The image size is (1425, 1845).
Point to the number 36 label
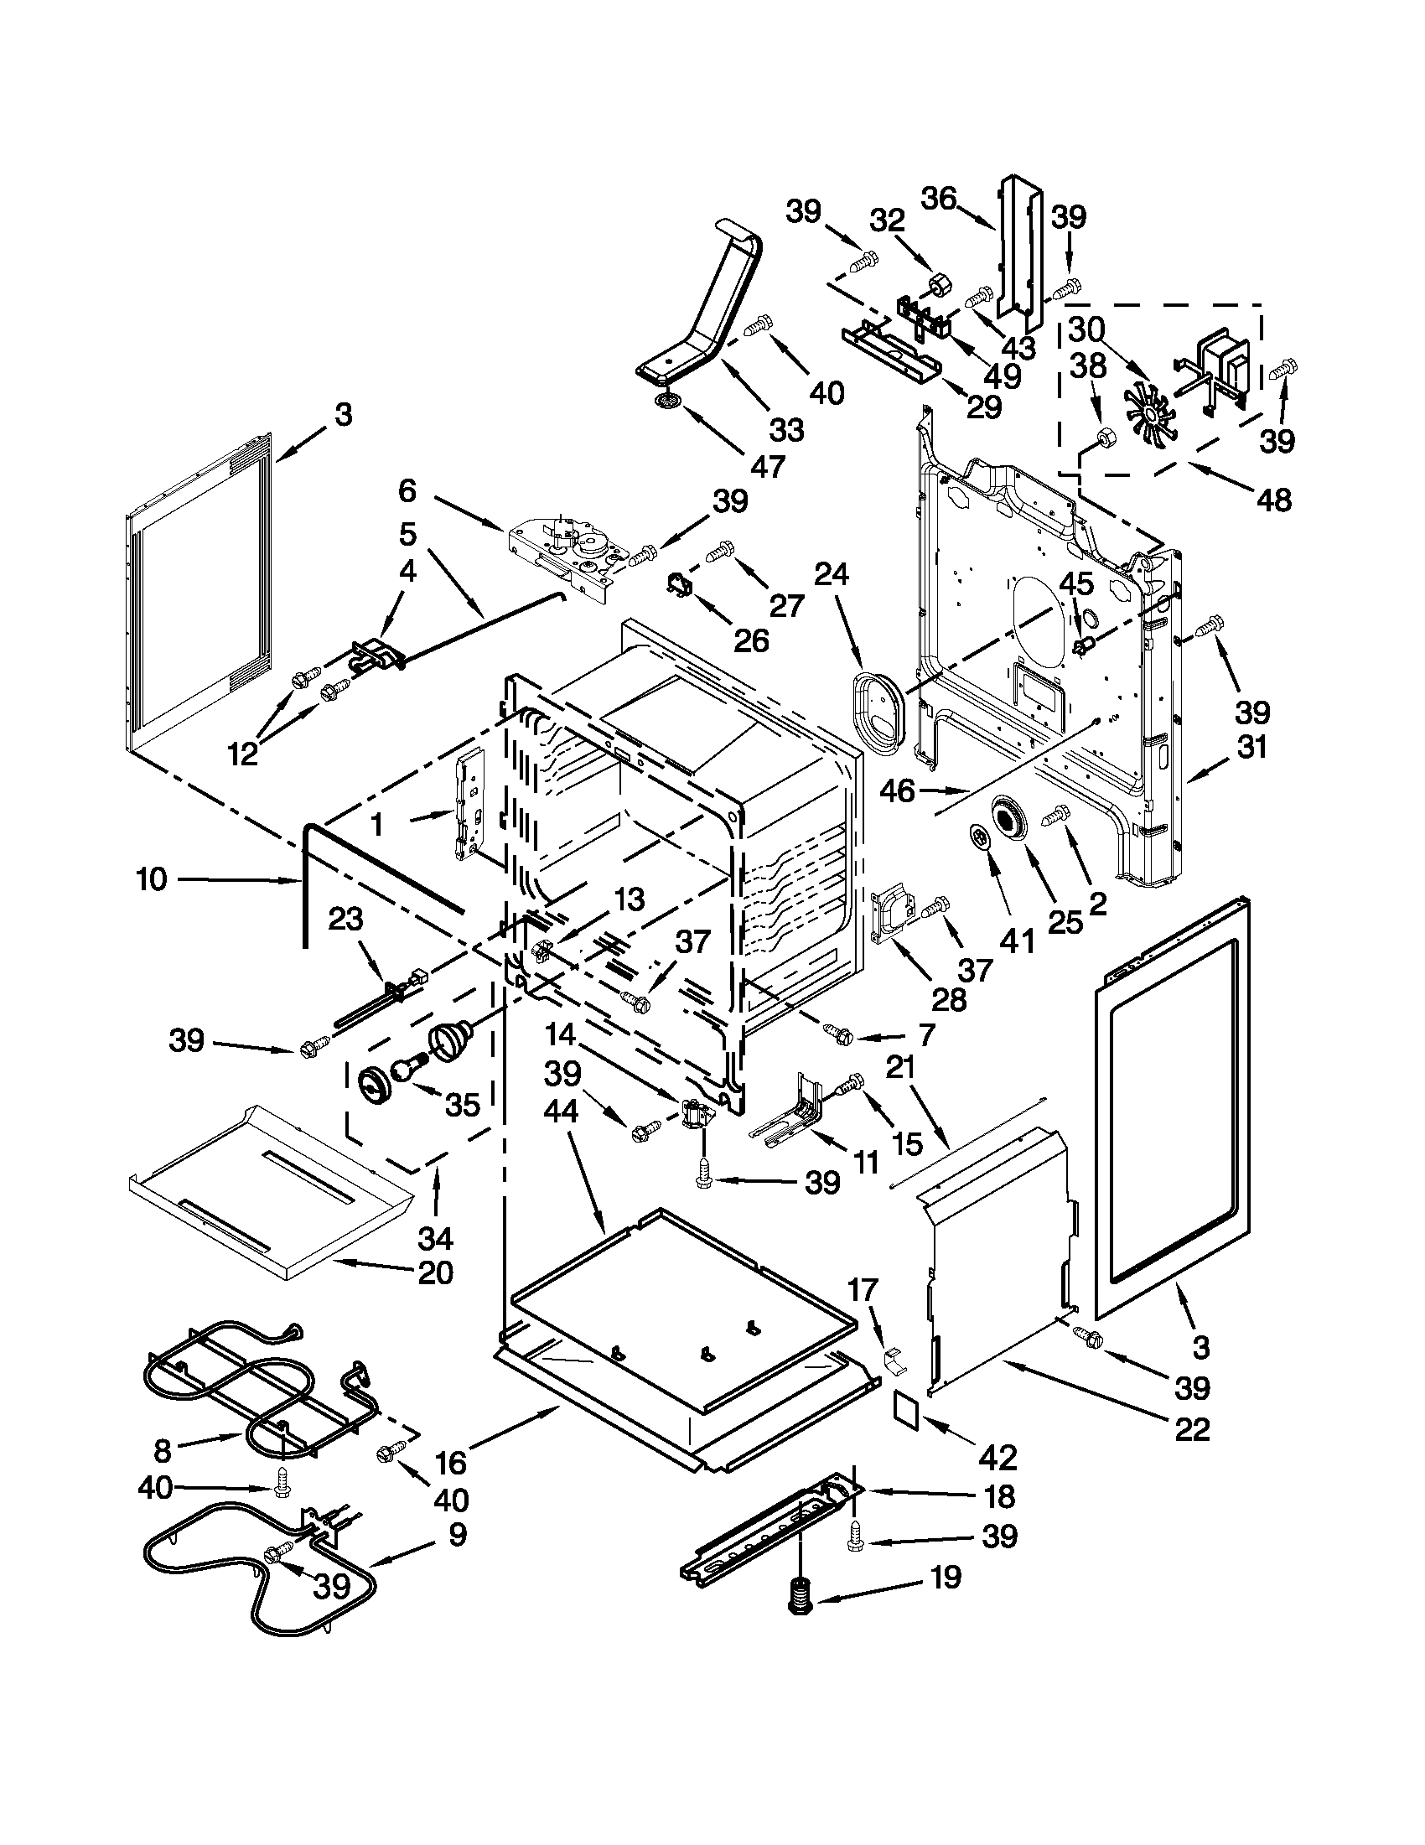pos(938,199)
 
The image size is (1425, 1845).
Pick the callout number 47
pos(768,465)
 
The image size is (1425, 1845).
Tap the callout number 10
pos(152,879)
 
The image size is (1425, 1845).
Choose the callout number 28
pos(949,999)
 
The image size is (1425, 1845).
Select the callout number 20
pos(436,1272)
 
